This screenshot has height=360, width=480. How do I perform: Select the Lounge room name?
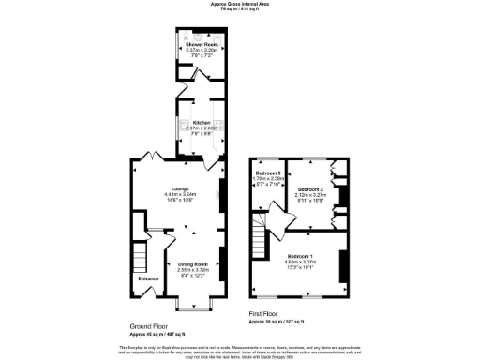pos(180,188)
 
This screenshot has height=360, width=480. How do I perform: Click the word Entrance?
pos(149,279)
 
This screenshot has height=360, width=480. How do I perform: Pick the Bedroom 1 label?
pos(300,256)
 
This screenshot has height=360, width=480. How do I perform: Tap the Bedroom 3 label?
pos(268,173)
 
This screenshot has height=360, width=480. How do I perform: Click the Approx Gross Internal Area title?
pos(238,4)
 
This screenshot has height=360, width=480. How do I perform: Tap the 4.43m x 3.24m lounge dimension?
pos(180,194)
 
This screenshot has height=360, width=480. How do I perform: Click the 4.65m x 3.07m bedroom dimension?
pos(300,262)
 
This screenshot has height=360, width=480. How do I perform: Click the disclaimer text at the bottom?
pos(240,350)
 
